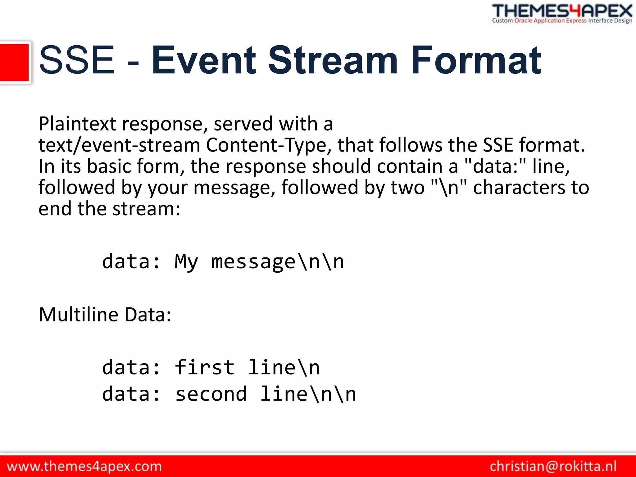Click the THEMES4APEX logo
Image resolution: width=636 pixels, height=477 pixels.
[x=562, y=11]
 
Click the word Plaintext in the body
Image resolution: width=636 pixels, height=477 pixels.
[x=77, y=124]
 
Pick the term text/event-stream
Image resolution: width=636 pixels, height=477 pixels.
[x=119, y=145]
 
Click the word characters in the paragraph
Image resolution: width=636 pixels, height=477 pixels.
[x=519, y=187]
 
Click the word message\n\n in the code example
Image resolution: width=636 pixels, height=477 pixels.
[x=278, y=261]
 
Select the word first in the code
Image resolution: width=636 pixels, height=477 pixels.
[x=205, y=367]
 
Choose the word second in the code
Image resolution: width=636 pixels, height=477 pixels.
[x=211, y=394]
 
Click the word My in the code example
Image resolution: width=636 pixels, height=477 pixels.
[x=186, y=261]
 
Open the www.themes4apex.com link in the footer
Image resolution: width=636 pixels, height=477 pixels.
[x=84, y=466]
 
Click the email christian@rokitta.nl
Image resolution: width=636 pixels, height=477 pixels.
[x=553, y=466]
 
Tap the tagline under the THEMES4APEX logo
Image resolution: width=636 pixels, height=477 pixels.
[x=562, y=21]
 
